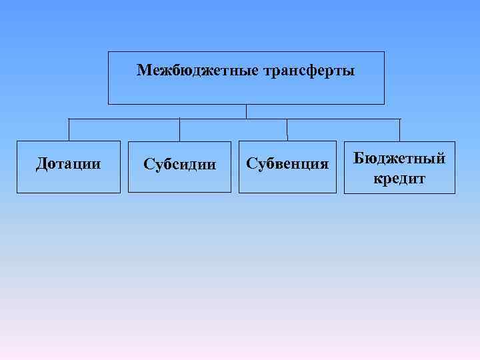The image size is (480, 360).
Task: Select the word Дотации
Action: (x=69, y=163)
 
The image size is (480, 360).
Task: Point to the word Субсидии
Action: (x=180, y=163)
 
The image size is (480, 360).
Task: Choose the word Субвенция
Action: (x=287, y=163)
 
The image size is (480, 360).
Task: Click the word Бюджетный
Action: (x=399, y=158)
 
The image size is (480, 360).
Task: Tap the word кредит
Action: (x=399, y=178)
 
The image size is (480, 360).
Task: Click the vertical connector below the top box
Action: (x=246, y=111)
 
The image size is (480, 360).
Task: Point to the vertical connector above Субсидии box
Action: (x=179, y=129)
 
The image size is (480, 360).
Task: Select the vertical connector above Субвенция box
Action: (x=287, y=129)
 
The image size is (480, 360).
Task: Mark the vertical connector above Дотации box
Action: (x=69, y=129)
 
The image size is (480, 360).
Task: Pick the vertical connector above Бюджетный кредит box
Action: (x=400, y=129)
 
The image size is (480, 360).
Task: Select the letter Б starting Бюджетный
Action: (x=358, y=158)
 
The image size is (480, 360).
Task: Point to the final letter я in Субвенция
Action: (x=325, y=164)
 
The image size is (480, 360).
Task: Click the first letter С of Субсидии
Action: (x=148, y=163)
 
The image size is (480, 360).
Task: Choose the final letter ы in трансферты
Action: (x=350, y=70)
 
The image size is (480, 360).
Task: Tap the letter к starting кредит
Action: (x=377, y=179)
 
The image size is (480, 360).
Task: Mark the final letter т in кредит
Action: (x=421, y=179)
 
